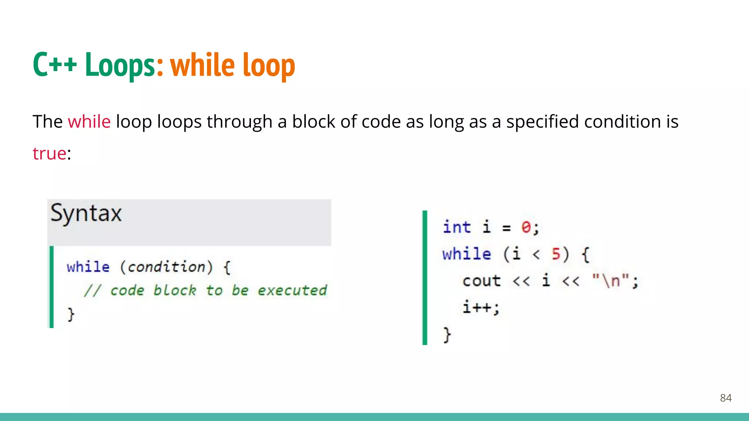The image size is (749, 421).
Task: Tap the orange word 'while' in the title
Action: (202, 65)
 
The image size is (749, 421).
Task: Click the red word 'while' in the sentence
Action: (89, 122)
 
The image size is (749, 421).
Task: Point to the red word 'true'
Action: (49, 153)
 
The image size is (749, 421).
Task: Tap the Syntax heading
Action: (86, 213)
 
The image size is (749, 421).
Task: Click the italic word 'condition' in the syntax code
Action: (166, 267)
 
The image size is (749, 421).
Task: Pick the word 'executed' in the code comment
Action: (292, 291)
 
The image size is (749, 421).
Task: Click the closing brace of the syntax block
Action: (71, 314)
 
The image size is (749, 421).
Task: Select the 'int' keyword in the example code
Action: (456, 227)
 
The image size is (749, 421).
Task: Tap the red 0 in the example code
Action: (526, 227)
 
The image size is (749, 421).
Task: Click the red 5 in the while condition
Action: (556, 254)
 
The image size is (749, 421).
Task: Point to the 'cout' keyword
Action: (481, 281)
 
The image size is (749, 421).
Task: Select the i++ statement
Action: (481, 307)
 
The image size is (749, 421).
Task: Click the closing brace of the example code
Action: (447, 334)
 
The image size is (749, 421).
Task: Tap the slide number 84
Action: (726, 398)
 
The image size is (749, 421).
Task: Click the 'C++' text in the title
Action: (55, 65)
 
